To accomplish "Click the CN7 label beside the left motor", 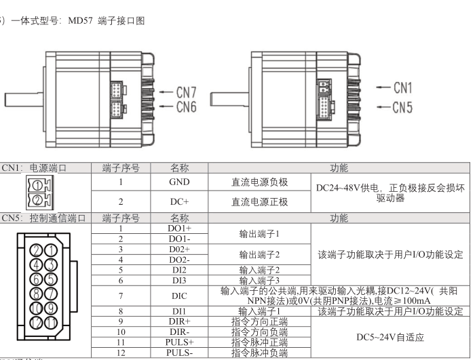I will (x=187, y=92).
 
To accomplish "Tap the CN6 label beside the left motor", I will (x=187, y=106).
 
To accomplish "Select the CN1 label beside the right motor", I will (x=403, y=87).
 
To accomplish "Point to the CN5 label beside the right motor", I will (x=403, y=106).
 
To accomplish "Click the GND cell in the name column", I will (x=179, y=182).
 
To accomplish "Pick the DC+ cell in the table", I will (x=179, y=201).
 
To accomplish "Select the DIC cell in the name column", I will (x=179, y=296).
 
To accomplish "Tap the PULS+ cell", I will (x=179, y=343).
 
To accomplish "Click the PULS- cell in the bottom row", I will (x=179, y=353).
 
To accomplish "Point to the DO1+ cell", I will (x=179, y=229).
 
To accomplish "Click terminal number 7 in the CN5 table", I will (x=121, y=296).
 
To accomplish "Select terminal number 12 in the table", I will (x=121, y=353).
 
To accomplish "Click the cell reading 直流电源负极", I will (x=260, y=182).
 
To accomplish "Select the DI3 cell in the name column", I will (x=179, y=280).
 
